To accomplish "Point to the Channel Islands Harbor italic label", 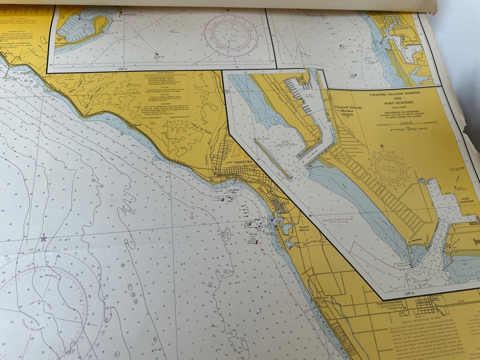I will (x=348, y=110).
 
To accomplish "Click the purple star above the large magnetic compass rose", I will (x=43, y=238).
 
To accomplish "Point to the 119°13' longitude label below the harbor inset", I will (x=409, y=293).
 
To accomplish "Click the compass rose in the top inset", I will (x=228, y=33).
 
